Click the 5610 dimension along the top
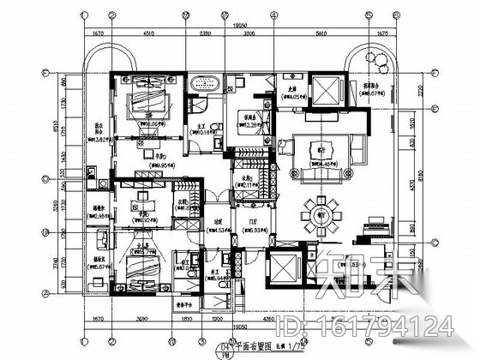(321, 33)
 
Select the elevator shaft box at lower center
(283, 272)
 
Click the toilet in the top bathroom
(200, 104)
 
